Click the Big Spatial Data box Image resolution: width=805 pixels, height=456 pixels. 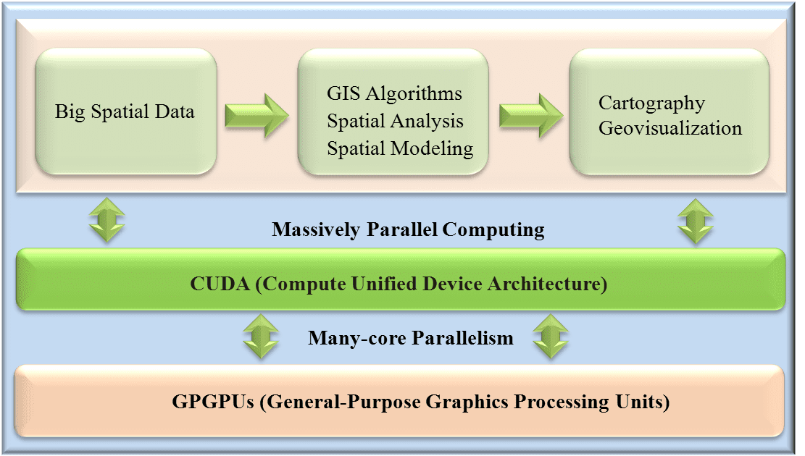(126, 111)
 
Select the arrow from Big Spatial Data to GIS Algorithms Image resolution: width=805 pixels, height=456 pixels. (256, 115)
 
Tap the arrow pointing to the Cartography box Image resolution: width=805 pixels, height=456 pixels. (531, 115)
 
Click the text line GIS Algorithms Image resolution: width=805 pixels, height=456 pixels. (394, 94)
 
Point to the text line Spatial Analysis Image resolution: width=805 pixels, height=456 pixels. (395, 121)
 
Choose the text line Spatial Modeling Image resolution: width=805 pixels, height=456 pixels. (400, 149)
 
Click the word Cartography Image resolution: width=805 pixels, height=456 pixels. (651, 104)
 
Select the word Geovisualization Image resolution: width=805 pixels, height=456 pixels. (670, 127)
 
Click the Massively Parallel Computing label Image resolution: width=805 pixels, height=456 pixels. (408, 229)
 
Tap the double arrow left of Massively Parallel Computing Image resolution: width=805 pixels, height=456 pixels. (107, 220)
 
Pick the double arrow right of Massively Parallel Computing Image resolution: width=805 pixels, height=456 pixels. (696, 221)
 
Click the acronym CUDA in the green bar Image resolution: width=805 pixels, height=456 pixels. (220, 284)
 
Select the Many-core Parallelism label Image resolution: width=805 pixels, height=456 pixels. (411, 338)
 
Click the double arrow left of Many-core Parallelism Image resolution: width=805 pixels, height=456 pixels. (261, 337)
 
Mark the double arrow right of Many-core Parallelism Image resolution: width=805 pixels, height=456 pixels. (551, 337)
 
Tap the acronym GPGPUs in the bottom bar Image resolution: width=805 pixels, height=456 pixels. (213, 402)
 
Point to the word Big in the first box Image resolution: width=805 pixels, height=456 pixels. (70, 112)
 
